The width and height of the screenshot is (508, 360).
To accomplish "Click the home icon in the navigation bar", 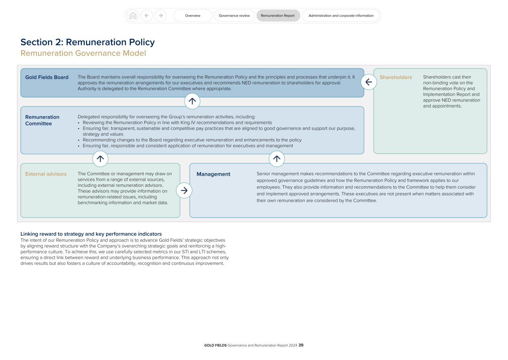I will click(133, 16).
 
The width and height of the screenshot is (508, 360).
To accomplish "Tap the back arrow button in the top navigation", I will click(147, 16).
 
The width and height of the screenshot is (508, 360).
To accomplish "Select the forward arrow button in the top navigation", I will click(160, 16).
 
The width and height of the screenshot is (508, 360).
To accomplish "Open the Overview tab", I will click(193, 16).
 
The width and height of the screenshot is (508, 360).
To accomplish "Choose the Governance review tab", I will click(234, 16).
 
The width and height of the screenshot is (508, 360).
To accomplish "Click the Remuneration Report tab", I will click(278, 16).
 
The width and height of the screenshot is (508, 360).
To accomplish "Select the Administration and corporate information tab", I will click(341, 16).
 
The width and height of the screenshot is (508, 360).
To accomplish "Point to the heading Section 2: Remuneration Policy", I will click(87, 42).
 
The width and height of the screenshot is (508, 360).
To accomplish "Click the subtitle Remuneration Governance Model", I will click(83, 53).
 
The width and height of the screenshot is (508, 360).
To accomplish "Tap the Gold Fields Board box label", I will click(47, 77).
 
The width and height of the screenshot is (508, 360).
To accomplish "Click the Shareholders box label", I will click(396, 77).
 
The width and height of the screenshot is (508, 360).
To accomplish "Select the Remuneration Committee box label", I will click(42, 120).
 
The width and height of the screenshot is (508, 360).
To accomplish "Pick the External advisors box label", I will click(46, 174).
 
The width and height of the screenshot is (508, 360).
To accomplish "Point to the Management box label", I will click(213, 174).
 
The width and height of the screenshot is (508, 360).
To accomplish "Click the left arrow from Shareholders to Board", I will click(369, 82).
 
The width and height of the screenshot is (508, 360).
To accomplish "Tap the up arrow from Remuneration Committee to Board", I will click(192, 101).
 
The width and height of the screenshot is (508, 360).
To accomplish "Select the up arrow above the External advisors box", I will click(100, 159).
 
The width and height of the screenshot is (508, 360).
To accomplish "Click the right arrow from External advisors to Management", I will click(184, 190).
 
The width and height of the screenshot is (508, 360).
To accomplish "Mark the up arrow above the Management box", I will click(277, 159).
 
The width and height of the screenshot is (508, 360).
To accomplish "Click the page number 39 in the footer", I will click(301, 345).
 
